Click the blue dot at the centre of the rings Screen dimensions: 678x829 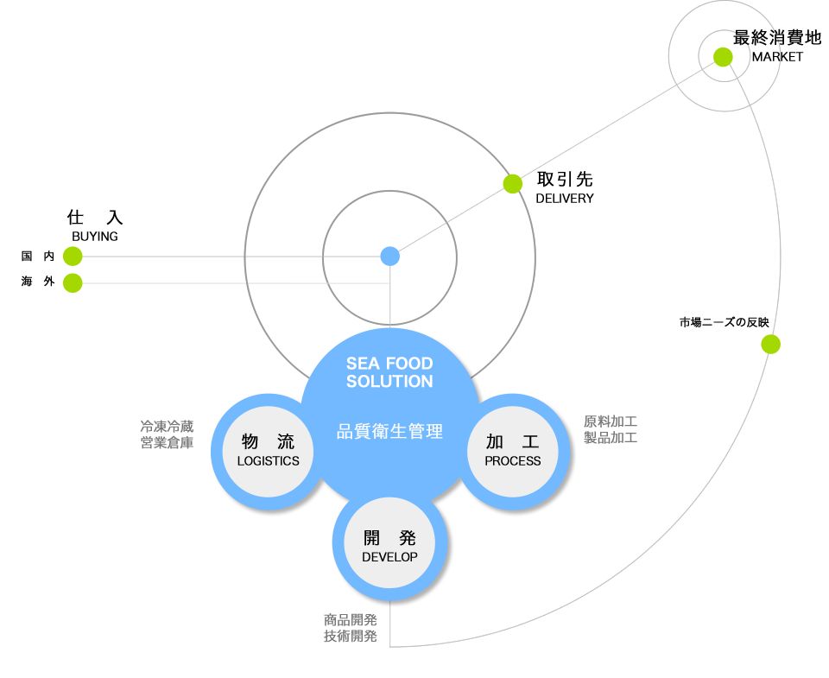click(390, 257)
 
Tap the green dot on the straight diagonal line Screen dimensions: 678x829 click(513, 184)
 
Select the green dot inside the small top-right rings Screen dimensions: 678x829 click(724, 57)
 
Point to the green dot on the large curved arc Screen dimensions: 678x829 click(771, 345)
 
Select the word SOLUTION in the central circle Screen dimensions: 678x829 click(389, 382)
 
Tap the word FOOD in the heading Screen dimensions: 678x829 click(408, 364)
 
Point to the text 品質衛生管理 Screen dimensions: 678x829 click(389, 431)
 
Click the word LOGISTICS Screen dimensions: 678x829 click(269, 461)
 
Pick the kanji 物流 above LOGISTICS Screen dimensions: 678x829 click(269, 441)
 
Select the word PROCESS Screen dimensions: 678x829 click(513, 461)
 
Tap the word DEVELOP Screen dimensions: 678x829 click(389, 557)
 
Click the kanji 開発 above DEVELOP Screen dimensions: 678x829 click(389, 538)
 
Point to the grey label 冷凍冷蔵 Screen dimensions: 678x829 click(167, 427)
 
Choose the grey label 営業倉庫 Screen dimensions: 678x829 click(167, 443)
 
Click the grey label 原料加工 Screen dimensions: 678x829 click(610, 421)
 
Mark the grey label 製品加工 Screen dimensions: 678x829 click(610, 438)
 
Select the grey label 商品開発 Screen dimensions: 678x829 click(351, 620)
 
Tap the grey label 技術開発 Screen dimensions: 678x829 click(351, 637)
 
